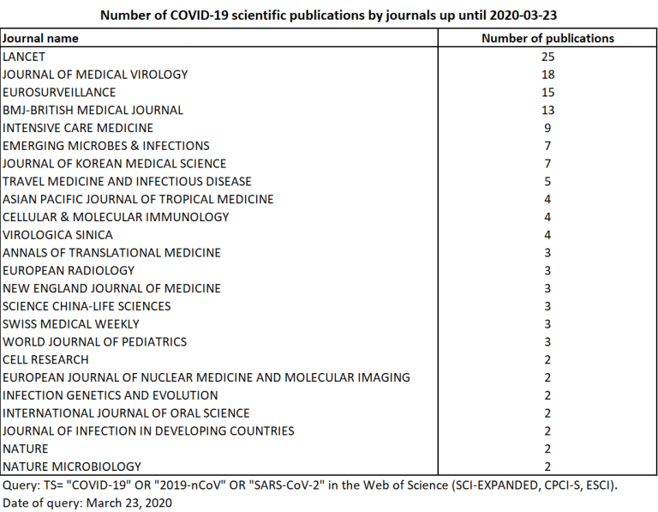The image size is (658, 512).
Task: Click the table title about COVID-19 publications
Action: (329, 15)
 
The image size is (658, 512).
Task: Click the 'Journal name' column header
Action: (40, 39)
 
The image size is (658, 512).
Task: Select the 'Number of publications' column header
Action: (547, 39)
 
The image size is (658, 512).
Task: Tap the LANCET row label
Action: (24, 57)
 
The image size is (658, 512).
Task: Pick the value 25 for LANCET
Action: (547, 57)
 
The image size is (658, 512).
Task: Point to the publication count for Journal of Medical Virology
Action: (547, 75)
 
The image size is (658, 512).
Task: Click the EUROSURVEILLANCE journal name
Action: (59, 92)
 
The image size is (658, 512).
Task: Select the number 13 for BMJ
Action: (547, 110)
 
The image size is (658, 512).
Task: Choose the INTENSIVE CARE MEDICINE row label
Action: (78, 128)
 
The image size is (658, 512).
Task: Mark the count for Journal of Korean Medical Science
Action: (547, 163)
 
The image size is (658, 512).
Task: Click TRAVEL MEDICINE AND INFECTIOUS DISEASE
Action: (127, 181)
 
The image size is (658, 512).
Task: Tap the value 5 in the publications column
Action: (547, 181)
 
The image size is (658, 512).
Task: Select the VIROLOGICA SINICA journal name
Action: (57, 234)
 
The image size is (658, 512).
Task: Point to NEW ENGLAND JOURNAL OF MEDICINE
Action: (111, 288)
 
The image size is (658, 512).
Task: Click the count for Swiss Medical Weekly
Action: (547, 323)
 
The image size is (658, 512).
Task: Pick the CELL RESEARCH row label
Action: (45, 359)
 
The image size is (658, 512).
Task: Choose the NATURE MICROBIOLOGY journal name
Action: (72, 467)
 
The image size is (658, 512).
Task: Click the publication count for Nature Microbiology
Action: (547, 467)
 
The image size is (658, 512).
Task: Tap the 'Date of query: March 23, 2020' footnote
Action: (87, 503)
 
